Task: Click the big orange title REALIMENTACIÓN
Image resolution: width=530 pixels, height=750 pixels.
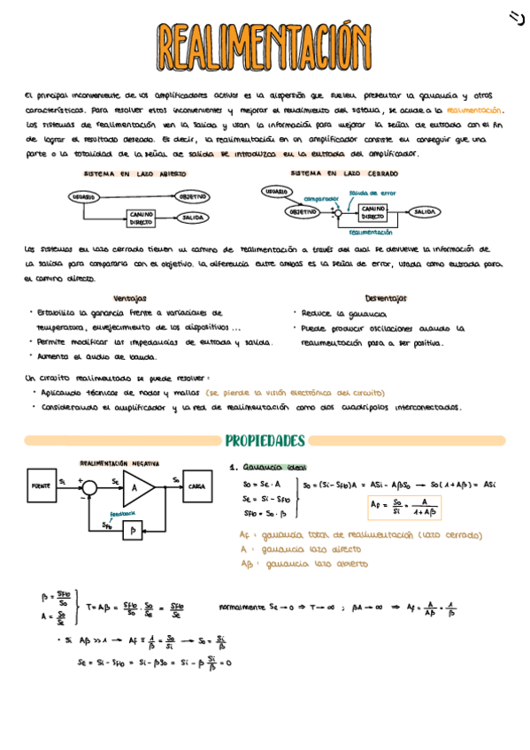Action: pyautogui.click(x=265, y=44)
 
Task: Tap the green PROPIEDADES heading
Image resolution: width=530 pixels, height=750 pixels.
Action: pyautogui.click(x=265, y=440)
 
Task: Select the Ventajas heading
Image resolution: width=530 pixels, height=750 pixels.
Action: pyautogui.click(x=130, y=298)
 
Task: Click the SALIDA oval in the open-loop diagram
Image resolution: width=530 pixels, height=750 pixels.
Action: pyautogui.click(x=191, y=217)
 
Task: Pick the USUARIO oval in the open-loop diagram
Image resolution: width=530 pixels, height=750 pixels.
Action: pyautogui.click(x=84, y=196)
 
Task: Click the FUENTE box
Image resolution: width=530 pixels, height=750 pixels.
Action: pyautogui.click(x=40, y=486)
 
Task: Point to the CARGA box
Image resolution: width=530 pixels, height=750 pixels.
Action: pyautogui.click(x=196, y=486)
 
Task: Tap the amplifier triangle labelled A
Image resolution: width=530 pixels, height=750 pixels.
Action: pyautogui.click(x=136, y=486)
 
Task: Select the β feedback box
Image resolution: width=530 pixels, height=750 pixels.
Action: pyautogui.click(x=132, y=530)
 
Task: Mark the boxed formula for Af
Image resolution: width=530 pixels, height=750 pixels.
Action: pyautogui.click(x=405, y=507)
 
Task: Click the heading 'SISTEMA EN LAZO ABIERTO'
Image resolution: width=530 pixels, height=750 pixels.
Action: pyautogui.click(x=141, y=175)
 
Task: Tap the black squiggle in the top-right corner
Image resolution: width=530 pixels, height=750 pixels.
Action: pyautogui.click(x=517, y=16)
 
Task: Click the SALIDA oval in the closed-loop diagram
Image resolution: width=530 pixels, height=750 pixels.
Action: pyautogui.click(x=424, y=212)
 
